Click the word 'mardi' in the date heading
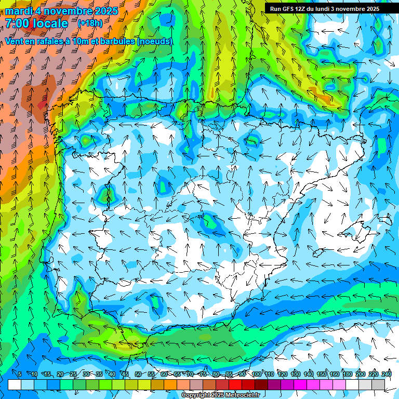(x=17, y=11)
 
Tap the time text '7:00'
(x=19, y=23)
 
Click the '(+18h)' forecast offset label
(x=90, y=23)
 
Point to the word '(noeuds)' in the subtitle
(x=155, y=41)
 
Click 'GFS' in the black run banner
(x=291, y=9)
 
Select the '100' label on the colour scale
(x=257, y=374)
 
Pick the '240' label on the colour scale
(x=387, y=374)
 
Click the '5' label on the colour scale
(x=19, y=374)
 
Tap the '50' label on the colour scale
(x=138, y=374)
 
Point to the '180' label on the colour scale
(x=347, y=374)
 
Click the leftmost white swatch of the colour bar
(x=15, y=384)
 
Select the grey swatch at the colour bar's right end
(x=378, y=384)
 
